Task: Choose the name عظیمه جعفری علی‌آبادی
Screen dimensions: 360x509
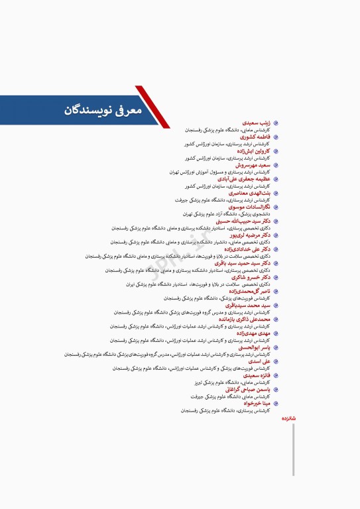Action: coord(243,179)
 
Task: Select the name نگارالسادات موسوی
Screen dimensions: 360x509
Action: coord(247,207)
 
